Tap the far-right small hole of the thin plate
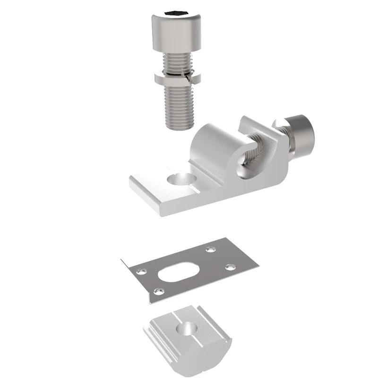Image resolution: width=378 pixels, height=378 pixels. click(230, 267)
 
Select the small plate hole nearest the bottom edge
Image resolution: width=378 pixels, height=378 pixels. click(160, 290)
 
